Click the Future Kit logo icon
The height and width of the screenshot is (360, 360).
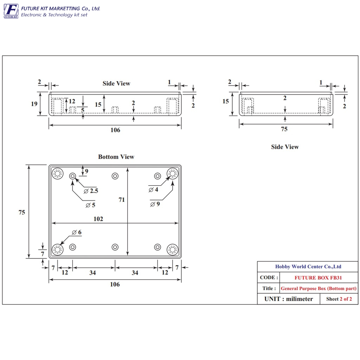[11, 11]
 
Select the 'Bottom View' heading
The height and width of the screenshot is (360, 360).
[116, 157]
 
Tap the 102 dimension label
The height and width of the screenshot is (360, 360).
[98, 219]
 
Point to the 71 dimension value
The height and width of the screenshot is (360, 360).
[122, 200]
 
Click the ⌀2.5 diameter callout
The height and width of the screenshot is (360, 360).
[91, 191]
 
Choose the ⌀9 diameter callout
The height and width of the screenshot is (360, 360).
[155, 204]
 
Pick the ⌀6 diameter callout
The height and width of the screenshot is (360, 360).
[77, 232]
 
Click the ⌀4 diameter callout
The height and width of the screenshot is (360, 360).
[153, 189]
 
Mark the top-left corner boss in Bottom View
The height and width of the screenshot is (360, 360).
[57, 173]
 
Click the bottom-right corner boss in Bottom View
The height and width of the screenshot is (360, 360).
[172, 250]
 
